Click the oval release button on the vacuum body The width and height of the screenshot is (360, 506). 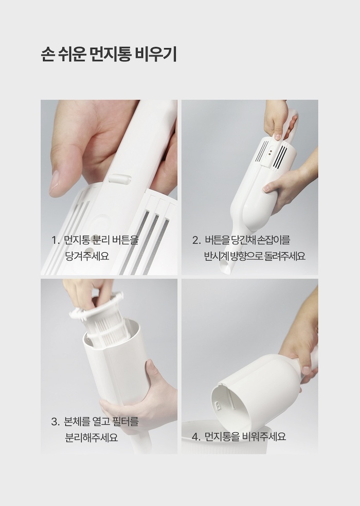click(120, 179)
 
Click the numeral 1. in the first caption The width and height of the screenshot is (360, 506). click(56, 240)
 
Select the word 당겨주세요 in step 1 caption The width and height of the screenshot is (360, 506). click(87, 256)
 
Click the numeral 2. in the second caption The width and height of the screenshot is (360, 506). click(196, 240)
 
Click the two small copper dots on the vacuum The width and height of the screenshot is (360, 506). click(270, 153)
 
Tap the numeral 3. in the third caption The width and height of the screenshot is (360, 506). click(56, 422)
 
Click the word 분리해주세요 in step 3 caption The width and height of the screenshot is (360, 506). click(92, 437)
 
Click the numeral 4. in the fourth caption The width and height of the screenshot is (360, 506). click(196, 437)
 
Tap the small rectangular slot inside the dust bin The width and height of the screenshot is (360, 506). click(218, 405)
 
